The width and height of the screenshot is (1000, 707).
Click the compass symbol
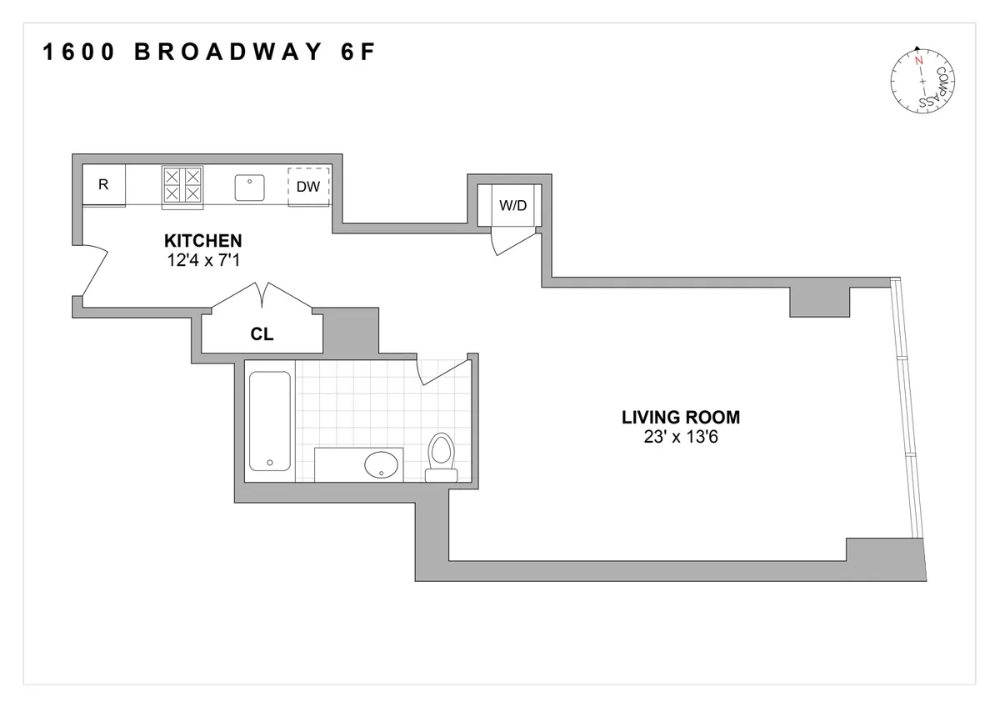pos(922,81)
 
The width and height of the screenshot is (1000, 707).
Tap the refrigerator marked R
pos(103,185)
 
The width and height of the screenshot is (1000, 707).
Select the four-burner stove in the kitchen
pos(182,185)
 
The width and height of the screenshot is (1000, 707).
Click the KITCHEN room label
pos(203,243)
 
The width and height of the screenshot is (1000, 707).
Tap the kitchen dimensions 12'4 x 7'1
pos(203,260)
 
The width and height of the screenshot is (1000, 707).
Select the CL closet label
pos(262,335)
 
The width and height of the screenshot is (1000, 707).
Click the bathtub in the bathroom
pos(269,422)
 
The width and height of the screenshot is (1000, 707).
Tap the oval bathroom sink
pos(382,464)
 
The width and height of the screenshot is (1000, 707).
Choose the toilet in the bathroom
pos(440,457)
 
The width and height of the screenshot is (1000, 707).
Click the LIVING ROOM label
pos(681,418)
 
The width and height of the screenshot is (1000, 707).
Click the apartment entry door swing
pos(94,271)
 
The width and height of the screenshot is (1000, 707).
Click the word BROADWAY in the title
pos(227,53)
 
